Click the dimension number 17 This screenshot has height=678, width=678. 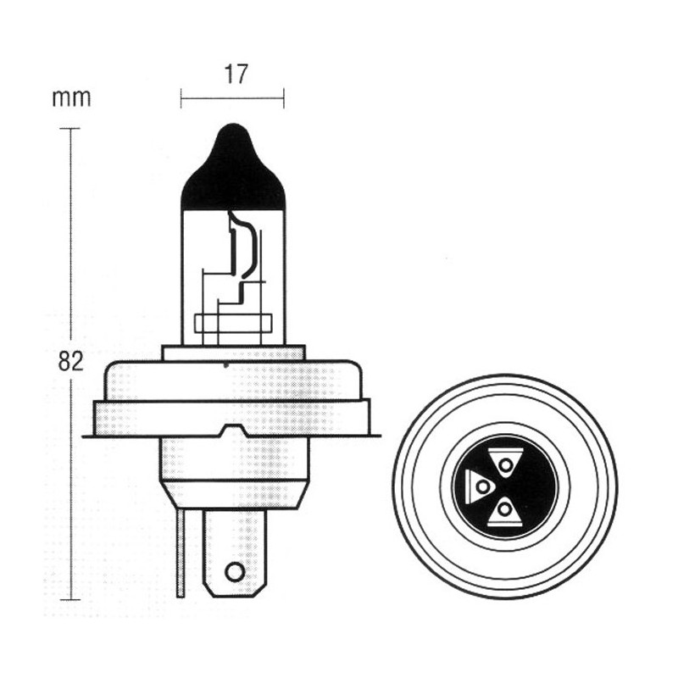236,75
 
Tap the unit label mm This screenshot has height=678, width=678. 71,98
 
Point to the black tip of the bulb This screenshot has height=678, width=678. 234,168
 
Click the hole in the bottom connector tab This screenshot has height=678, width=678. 235,572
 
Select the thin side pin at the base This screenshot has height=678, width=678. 181,553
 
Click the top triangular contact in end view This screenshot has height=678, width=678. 505,463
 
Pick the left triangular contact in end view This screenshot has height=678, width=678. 479,486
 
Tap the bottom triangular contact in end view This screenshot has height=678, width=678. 504,512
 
